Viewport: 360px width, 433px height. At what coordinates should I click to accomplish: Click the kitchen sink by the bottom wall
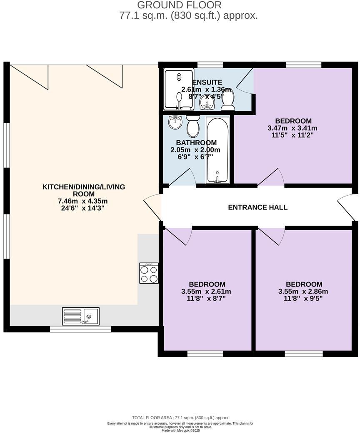coord(80,316)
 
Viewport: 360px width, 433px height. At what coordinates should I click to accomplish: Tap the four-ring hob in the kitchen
coord(149,273)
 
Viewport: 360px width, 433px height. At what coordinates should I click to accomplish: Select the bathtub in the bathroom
coord(217,150)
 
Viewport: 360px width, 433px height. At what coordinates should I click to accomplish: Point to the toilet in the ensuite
coord(228,101)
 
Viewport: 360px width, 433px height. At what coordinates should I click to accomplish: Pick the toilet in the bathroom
coord(193,127)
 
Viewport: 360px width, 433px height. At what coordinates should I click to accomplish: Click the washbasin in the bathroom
coord(175,122)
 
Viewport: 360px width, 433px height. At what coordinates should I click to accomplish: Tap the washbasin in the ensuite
coord(206,101)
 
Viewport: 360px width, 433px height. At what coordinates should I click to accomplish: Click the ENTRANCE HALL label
coord(257,207)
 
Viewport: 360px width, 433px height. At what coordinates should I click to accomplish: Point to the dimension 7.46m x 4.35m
coord(83,201)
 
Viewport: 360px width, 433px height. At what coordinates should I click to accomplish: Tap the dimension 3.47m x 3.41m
coord(292,128)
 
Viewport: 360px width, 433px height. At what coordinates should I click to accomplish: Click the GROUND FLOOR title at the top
coord(179,5)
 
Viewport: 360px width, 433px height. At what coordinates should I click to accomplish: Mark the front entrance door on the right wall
coord(349,207)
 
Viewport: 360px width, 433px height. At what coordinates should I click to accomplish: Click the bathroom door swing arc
coord(183,177)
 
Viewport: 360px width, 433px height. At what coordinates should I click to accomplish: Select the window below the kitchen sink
coord(80,329)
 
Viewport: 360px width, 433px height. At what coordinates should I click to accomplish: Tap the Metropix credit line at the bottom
coord(180,431)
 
